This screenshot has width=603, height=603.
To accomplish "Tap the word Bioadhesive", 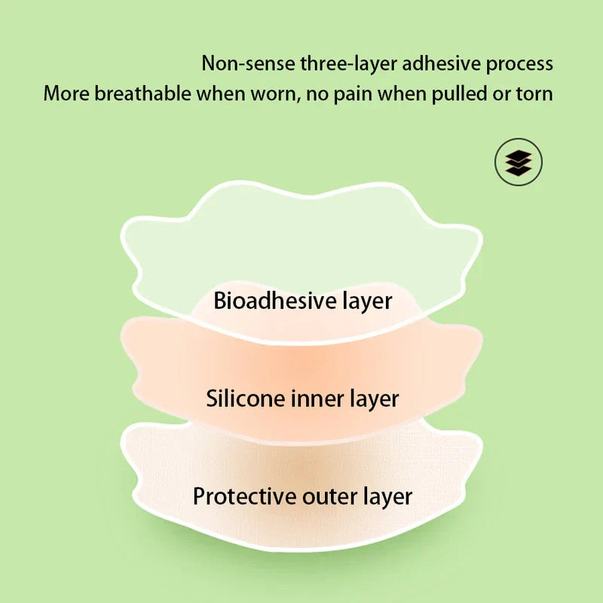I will pos(275,301).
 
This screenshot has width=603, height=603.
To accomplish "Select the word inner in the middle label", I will pos(314,398).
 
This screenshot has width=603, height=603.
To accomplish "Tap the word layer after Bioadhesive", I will pos(367,301).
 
